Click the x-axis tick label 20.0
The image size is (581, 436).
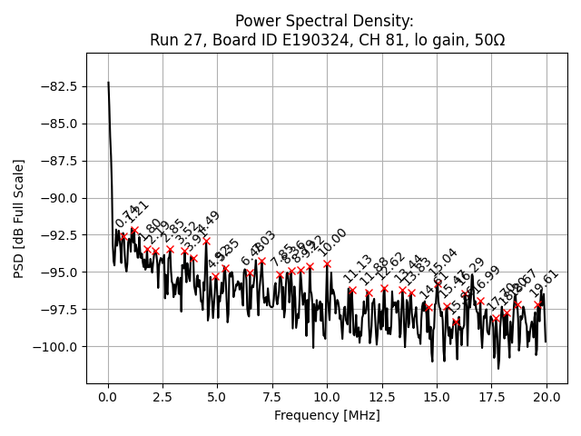pyautogui.click(x=547, y=397)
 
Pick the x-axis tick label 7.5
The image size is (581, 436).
pyautogui.click(x=272, y=397)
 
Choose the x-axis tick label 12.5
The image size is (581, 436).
pyautogui.click(x=382, y=397)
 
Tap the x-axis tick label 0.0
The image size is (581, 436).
pyautogui.click(x=108, y=397)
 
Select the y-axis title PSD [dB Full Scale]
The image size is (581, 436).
pyautogui.click(x=19, y=218)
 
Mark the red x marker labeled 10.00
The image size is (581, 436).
pyautogui.click(x=327, y=264)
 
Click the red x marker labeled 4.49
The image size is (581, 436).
pyautogui.click(x=206, y=242)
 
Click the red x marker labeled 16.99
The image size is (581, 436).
pyautogui.click(x=480, y=302)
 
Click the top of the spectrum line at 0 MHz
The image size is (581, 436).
pyautogui.click(x=108, y=83)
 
